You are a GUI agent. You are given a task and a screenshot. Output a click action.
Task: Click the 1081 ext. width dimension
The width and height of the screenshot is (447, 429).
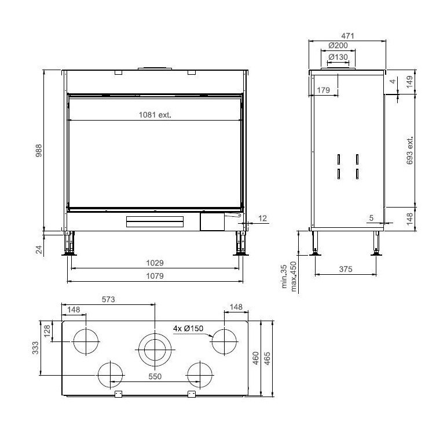coord(155,114)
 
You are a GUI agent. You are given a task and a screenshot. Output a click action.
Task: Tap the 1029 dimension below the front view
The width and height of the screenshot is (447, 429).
coord(155,263)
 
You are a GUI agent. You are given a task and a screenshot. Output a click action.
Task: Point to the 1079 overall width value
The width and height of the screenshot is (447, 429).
coord(155,276)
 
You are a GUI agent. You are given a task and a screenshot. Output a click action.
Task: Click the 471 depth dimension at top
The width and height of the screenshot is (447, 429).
coord(347,35)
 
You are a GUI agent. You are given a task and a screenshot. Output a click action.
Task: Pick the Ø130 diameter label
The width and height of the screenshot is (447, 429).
coord(338,57)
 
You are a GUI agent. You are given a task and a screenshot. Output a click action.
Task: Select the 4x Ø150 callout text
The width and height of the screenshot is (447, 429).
coord(188,328)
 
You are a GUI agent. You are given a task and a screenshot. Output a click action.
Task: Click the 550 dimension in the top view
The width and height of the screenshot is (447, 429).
coord(155,376)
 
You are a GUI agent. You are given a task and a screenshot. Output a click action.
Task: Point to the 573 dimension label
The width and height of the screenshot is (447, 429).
coord(108,300)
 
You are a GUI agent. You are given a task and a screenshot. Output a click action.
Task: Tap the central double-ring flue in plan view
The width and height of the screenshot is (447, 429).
coord(155,350)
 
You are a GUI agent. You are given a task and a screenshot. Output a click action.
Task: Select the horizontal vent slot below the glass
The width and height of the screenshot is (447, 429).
coord(155,222)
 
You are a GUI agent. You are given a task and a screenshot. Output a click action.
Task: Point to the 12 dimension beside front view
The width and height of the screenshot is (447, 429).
coord(263,218)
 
